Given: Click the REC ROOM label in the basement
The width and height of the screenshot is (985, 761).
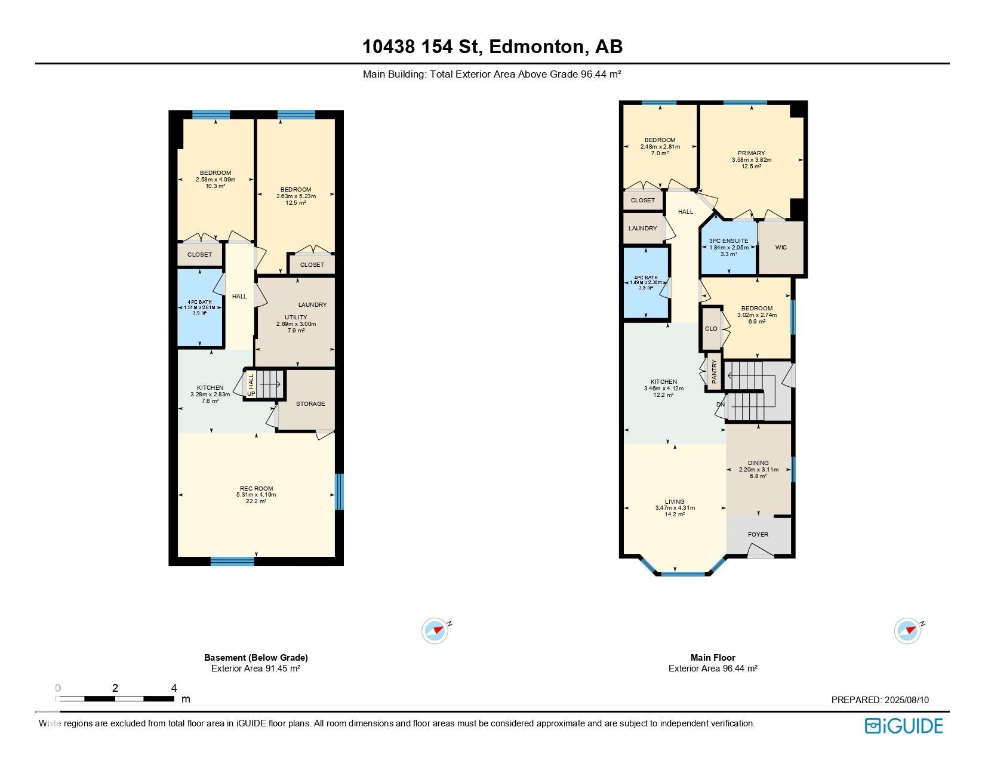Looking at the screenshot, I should [256, 488].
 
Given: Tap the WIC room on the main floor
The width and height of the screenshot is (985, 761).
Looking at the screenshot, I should [781, 247].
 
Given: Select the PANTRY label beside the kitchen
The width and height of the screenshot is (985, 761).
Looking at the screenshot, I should [714, 371].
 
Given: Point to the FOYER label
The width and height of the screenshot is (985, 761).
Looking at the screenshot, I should [758, 535].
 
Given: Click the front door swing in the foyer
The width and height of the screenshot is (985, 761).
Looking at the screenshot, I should [759, 550].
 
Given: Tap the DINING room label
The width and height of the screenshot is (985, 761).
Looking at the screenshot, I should [758, 463].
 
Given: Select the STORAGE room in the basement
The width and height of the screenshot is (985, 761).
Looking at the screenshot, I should [310, 403].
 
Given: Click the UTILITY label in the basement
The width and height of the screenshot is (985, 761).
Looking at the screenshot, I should [295, 318].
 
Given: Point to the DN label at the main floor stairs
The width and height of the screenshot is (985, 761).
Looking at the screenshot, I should [721, 405].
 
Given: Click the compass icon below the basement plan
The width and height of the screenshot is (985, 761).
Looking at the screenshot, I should [435, 631].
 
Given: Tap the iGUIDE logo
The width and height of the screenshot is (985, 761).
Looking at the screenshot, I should [903, 726].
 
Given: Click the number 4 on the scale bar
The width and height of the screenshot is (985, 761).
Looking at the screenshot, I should [174, 688].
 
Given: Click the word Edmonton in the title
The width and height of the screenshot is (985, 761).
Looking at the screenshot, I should [536, 47].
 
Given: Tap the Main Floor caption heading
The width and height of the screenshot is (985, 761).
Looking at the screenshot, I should [713, 658].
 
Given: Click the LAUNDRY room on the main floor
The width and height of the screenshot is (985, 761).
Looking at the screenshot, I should [642, 229].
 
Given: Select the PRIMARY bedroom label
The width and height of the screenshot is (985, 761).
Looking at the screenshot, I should [751, 153].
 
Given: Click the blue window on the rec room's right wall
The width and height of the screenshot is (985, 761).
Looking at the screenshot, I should [339, 491].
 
